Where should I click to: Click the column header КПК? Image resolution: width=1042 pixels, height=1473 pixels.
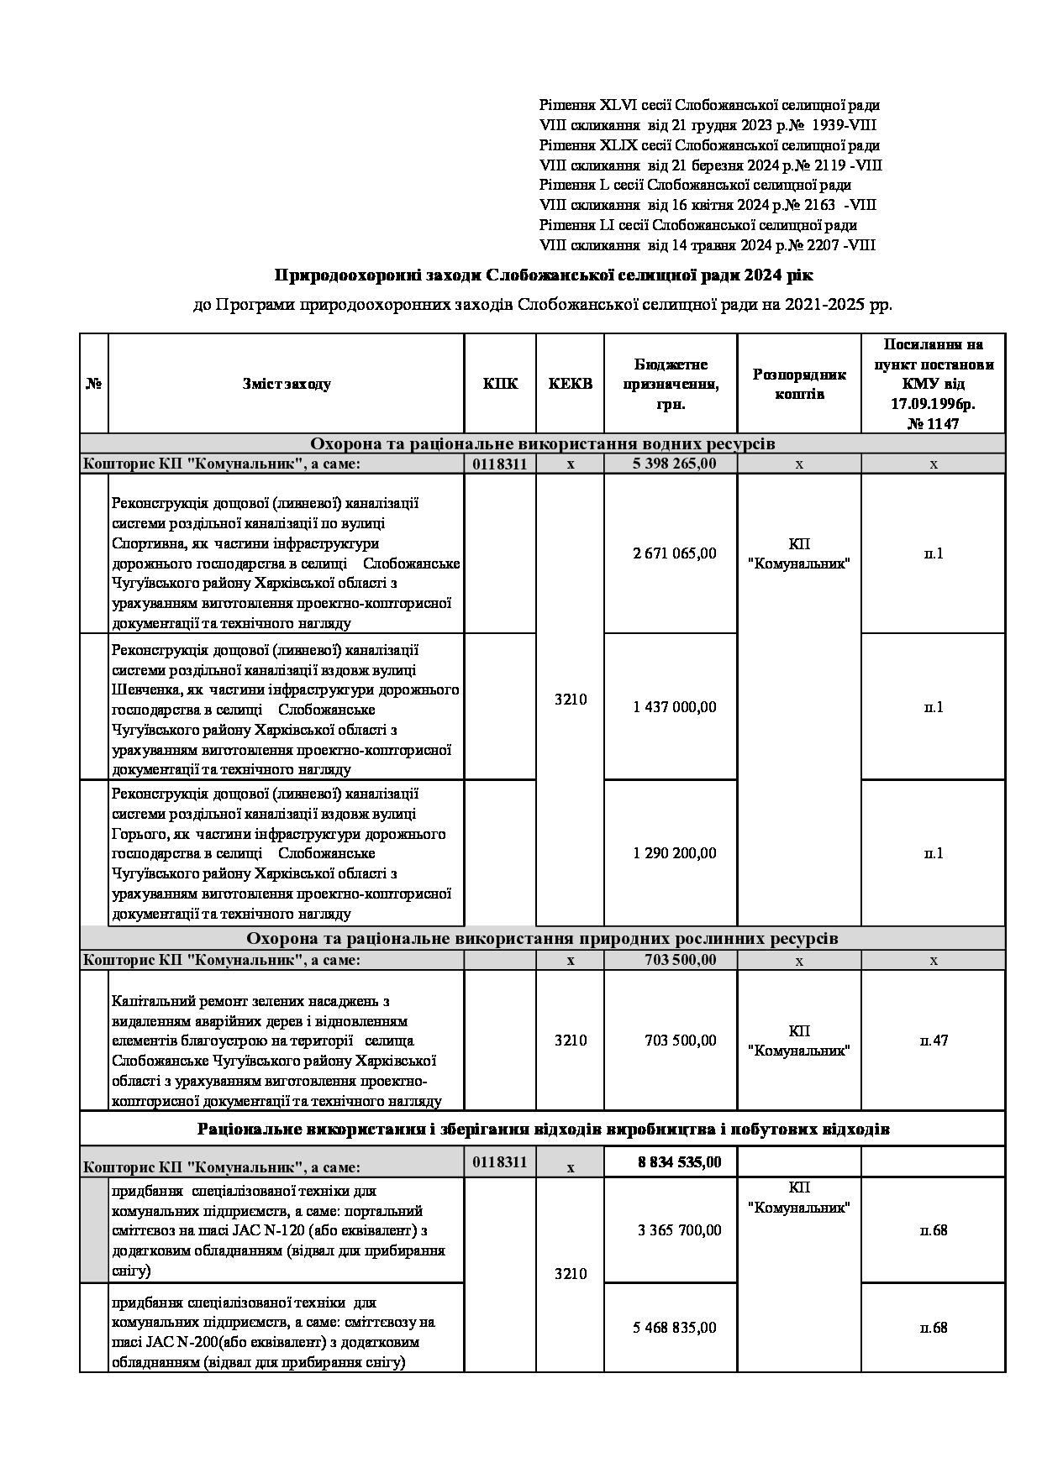pyautogui.click(x=500, y=384)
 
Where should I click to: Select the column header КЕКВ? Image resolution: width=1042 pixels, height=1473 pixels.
pyautogui.click(x=570, y=384)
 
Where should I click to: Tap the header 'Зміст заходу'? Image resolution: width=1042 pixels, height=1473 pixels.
pyautogui.click(x=287, y=384)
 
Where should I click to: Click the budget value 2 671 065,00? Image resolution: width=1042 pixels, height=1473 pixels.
pyautogui.click(x=675, y=553)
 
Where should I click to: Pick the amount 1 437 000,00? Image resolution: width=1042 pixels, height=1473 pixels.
pyautogui.click(x=675, y=707)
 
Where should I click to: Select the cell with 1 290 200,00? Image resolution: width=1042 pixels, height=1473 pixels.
pyautogui.click(x=675, y=853)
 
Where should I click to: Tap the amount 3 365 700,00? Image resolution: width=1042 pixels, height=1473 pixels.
pyautogui.click(x=679, y=1230)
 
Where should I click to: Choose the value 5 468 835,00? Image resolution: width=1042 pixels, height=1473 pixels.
pyautogui.click(x=675, y=1328)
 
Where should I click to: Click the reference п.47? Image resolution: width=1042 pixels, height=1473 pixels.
pyautogui.click(x=934, y=1041)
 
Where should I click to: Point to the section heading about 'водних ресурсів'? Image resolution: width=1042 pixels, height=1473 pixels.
pyautogui.click(x=542, y=443)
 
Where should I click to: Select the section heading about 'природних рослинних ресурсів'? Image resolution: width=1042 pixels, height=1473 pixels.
pyautogui.click(x=542, y=938)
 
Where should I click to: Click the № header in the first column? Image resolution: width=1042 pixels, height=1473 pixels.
pyautogui.click(x=94, y=384)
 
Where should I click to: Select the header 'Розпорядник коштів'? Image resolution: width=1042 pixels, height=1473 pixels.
pyautogui.click(x=798, y=384)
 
